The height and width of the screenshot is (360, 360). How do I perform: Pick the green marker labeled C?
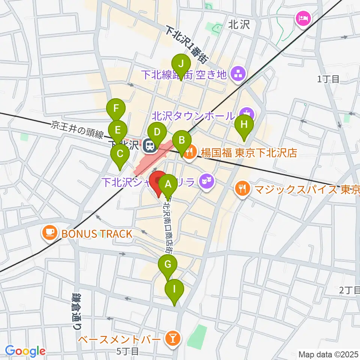(x=120, y=154)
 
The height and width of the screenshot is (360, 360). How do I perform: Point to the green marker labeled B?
(x=182, y=141)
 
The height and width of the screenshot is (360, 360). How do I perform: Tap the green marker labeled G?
(x=168, y=265)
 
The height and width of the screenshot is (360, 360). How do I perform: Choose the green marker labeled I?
(x=174, y=290)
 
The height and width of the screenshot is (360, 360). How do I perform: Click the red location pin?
(x=158, y=182)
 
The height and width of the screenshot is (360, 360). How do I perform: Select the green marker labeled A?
(x=168, y=184)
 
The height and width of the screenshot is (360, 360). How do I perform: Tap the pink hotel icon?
(x=302, y=18)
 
